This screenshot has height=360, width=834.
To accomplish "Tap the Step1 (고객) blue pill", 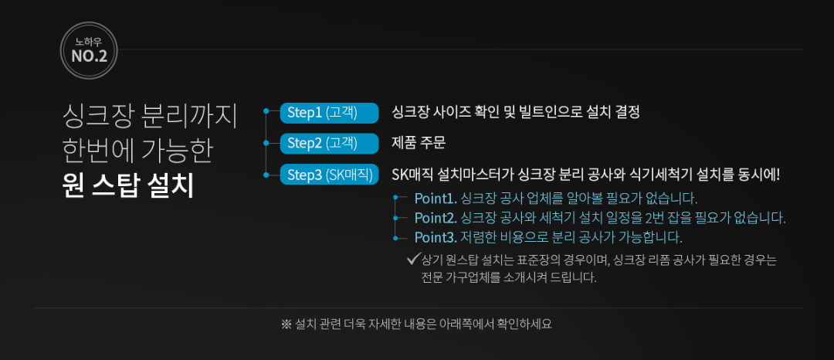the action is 328,112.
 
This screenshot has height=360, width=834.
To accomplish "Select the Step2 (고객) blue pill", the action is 328,143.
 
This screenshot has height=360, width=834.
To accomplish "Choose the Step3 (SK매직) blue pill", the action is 328,175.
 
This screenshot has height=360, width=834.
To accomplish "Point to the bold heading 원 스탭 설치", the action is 128,186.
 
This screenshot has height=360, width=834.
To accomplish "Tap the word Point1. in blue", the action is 436,198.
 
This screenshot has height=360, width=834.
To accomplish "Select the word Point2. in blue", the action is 436,217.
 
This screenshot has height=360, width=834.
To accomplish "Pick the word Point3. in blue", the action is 436,236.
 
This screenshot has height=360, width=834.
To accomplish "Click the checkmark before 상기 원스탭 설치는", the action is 412,258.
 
